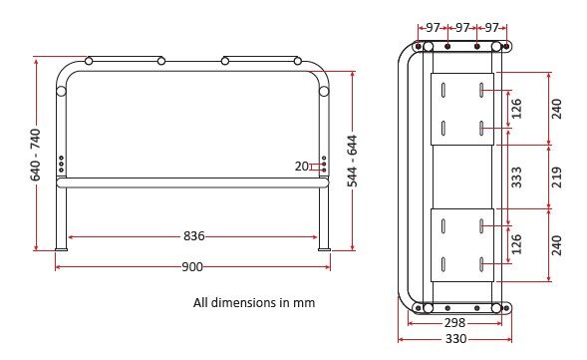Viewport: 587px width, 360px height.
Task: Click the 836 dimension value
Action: (194, 236)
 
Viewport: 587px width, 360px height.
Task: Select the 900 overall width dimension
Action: (192, 266)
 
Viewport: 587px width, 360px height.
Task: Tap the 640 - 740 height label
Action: (36, 155)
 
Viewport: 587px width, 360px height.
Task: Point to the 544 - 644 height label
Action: (352, 161)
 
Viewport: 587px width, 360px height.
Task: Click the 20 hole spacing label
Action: (301, 166)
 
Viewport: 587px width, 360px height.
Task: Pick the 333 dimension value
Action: (516, 178)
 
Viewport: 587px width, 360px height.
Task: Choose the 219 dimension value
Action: (557, 178)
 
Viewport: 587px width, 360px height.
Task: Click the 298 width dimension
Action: (454, 322)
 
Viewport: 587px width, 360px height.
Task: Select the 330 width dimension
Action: (456, 339)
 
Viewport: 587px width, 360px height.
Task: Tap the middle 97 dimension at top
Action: (462, 27)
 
